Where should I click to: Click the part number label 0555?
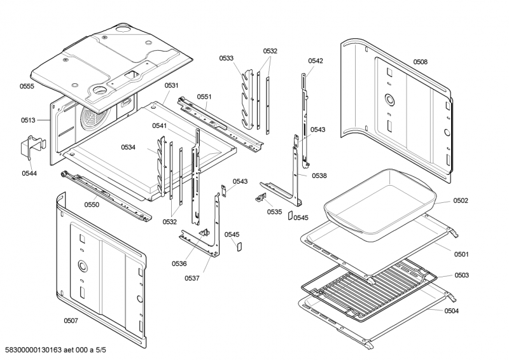click(26, 85)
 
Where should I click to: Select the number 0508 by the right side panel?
click(420, 62)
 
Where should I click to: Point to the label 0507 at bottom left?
click(71, 321)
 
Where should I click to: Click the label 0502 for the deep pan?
click(461, 200)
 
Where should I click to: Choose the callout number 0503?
click(461, 275)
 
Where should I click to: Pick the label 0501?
click(461, 254)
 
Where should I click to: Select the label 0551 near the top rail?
click(204, 97)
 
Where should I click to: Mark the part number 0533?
click(227, 58)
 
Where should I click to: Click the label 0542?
click(316, 60)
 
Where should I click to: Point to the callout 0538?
click(319, 176)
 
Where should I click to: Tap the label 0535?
click(274, 211)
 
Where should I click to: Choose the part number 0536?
click(179, 263)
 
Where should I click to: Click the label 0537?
click(193, 277)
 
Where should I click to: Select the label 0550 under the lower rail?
click(92, 205)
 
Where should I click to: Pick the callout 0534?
click(129, 147)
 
